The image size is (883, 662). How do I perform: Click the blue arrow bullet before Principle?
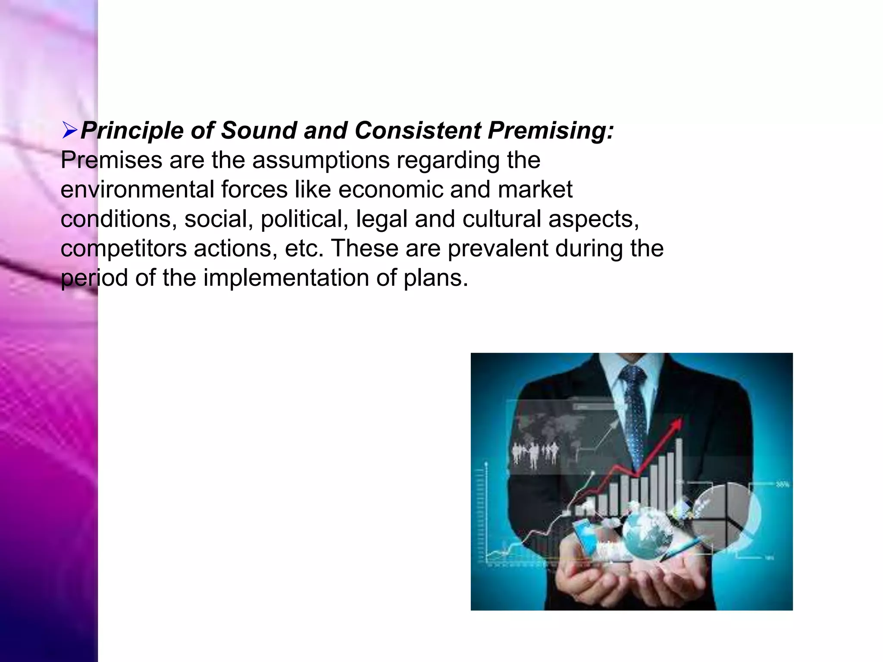point(69,130)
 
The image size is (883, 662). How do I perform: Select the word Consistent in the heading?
point(417,130)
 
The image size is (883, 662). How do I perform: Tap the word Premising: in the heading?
point(551,130)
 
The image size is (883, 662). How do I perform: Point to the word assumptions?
point(321,160)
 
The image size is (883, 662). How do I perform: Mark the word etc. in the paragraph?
point(304,249)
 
